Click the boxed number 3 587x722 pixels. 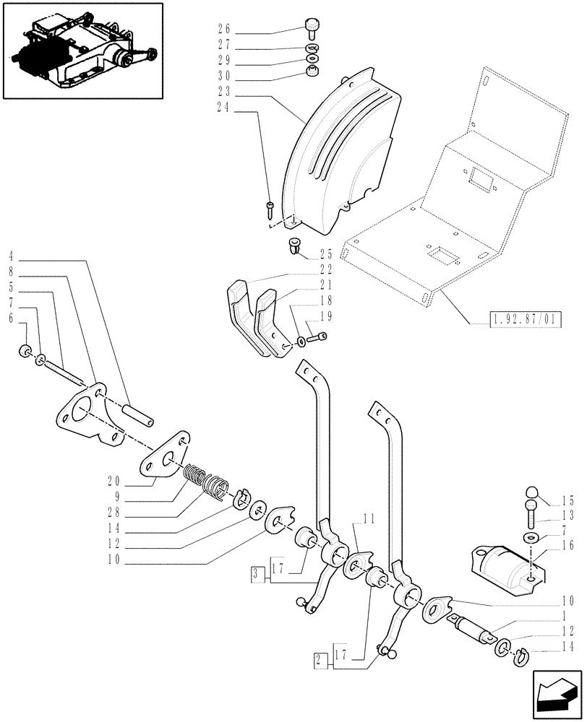coord(255,574)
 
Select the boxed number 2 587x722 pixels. coord(318,658)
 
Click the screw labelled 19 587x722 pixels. coord(317,336)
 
